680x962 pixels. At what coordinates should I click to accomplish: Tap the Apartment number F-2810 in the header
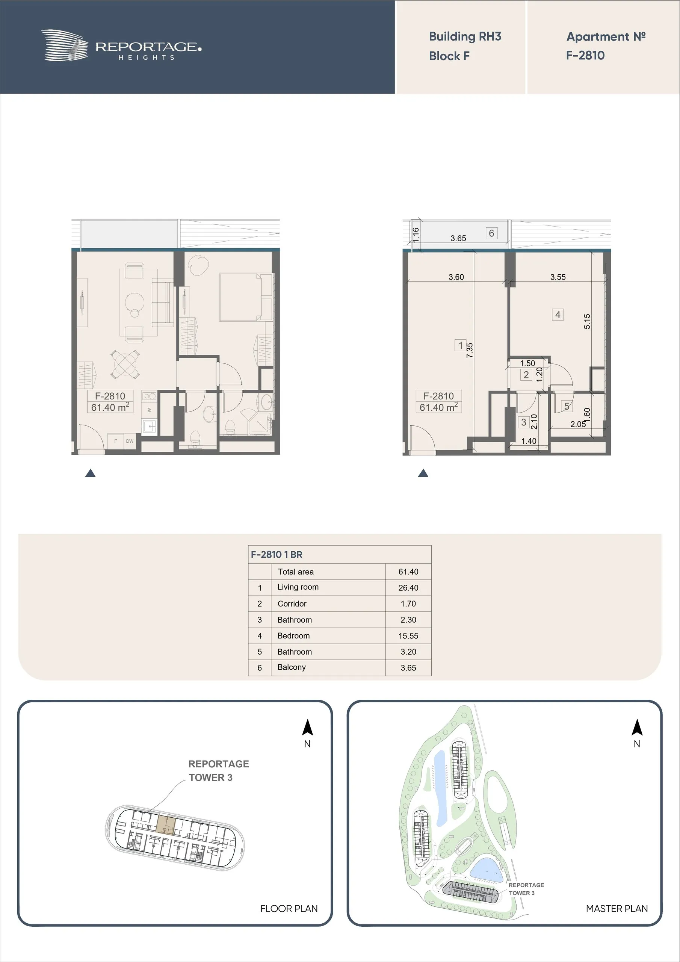point(585,55)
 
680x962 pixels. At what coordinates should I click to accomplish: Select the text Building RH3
point(465,36)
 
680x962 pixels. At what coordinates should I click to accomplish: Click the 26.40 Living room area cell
point(408,588)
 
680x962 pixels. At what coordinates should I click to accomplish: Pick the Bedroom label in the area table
point(293,635)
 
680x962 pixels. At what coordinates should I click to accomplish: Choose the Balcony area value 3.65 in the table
point(408,668)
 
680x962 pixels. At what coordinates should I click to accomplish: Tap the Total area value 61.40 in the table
point(408,572)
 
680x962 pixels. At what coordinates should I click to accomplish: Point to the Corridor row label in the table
point(292,604)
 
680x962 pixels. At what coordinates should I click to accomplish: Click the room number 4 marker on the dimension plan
point(558,315)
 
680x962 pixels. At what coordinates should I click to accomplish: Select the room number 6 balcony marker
point(491,233)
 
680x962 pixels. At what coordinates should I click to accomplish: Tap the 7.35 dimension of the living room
point(470,350)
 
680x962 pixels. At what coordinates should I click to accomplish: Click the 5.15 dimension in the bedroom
point(587,321)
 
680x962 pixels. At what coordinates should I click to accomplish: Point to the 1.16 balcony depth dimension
point(416,235)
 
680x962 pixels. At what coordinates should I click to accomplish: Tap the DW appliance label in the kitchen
point(130,441)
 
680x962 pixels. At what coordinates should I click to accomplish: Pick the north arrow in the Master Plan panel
point(637,728)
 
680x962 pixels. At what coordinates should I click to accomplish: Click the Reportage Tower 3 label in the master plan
point(526,889)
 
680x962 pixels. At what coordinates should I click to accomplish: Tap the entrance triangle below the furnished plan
point(90,473)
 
